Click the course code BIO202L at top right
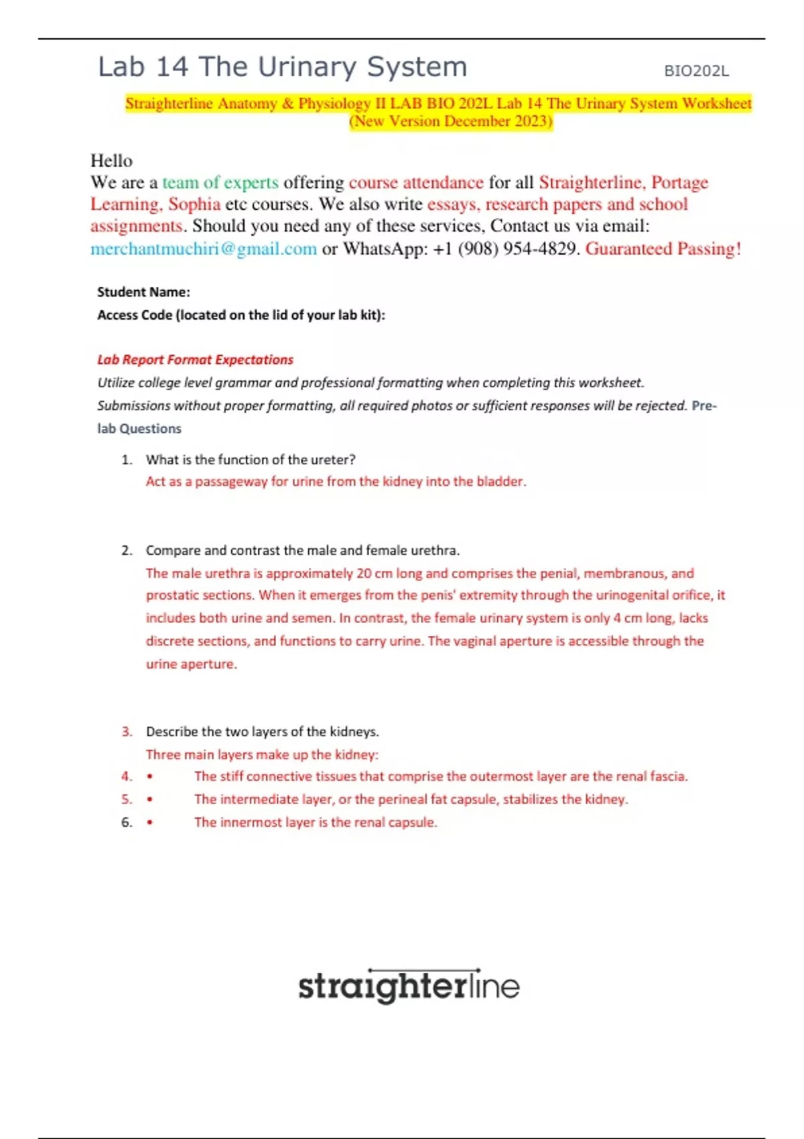[696, 71]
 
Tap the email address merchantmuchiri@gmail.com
[204, 249]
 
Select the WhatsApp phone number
[505, 249]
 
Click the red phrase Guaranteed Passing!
[663, 249]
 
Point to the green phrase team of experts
[220, 182]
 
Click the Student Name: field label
[143, 292]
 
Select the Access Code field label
[241, 315]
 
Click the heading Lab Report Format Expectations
[195, 360]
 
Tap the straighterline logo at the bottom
[409, 986]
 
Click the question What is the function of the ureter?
[251, 460]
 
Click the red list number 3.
[127, 732]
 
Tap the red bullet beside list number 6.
[149, 823]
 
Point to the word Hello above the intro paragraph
[111, 161]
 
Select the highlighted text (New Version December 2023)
[451, 121]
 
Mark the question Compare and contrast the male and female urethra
[303, 550]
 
